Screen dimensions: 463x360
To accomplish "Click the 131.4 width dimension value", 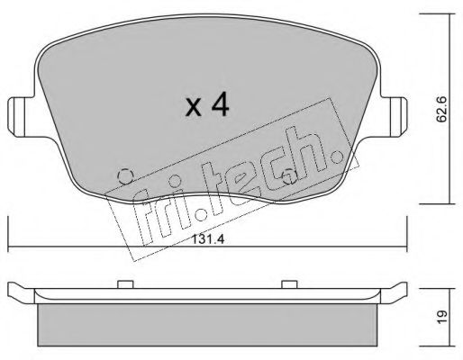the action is click(208, 239).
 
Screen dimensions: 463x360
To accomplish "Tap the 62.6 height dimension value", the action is click(441, 109).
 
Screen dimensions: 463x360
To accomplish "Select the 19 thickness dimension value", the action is click(441, 317).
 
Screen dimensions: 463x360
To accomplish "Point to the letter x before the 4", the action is click(193, 108).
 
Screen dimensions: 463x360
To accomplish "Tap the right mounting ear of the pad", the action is click(394, 117).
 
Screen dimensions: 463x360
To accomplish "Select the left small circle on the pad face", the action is click(125, 176).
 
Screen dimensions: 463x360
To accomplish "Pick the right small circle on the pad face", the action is click(289, 176).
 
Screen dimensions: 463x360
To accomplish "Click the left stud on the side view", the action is click(125, 284).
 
